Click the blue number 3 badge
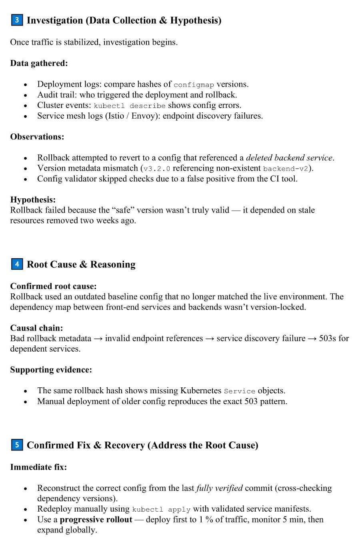point(17,20)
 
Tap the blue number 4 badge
point(17,264)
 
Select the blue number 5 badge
point(17,444)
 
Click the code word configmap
point(194,84)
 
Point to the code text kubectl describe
point(129,106)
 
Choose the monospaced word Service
point(239,391)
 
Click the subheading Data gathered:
point(39,63)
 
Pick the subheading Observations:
point(37,137)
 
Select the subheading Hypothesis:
point(33,199)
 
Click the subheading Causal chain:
point(36,328)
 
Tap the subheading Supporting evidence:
point(51,370)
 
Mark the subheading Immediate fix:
point(38,467)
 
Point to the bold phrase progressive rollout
point(96,520)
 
